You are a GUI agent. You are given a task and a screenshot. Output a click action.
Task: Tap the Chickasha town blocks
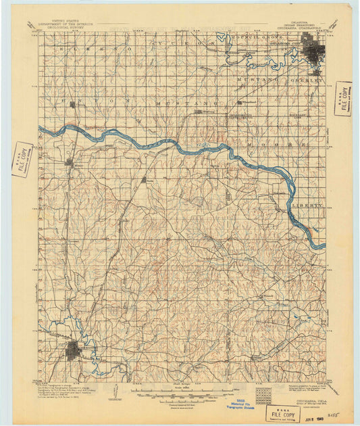[74, 352]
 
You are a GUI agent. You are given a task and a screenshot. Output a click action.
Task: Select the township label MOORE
[257, 144]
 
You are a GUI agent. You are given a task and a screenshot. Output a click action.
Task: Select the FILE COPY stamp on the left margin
[22, 160]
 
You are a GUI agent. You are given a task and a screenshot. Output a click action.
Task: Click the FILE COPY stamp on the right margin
[343, 99]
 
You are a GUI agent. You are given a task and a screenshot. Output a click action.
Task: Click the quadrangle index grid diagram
[263, 394]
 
